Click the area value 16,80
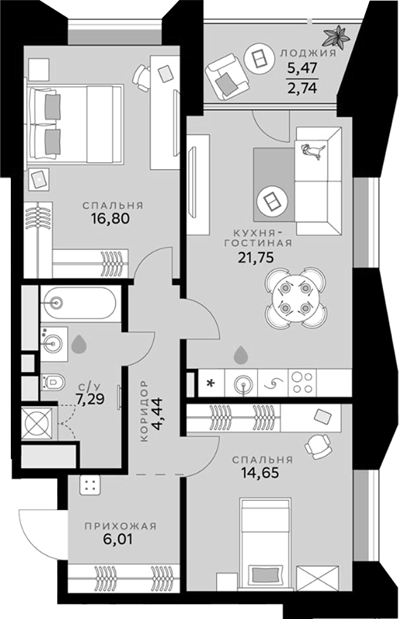[113, 219]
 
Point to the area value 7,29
[90, 400]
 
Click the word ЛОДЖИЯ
[308, 54]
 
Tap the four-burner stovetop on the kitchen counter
[300, 381]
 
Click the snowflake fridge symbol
[208, 381]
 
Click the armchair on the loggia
[225, 73]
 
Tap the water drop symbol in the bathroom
[79, 345]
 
